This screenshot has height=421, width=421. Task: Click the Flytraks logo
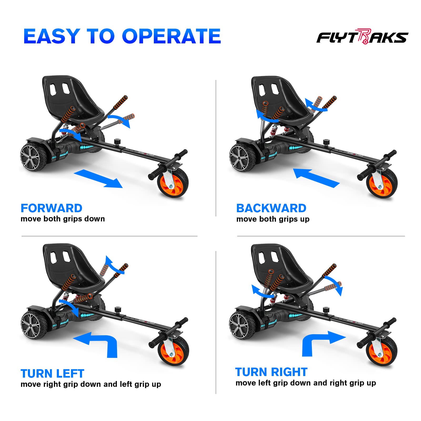coord(362,37)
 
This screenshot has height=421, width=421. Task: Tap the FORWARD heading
coord(52,208)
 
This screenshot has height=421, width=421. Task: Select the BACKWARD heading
coord(271,208)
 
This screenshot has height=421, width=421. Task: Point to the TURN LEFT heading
coord(52,373)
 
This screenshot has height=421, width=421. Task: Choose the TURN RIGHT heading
coord(271,372)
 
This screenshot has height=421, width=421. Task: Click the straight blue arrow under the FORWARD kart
coord(98,179)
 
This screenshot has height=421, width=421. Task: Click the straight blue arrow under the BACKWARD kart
coord(316,178)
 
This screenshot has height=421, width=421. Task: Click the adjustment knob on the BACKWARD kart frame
coord(326,142)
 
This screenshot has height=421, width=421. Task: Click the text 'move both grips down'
coord(63,219)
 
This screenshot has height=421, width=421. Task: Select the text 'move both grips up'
coord(273,219)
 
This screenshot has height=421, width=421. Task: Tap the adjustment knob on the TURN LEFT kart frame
coord(118,310)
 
